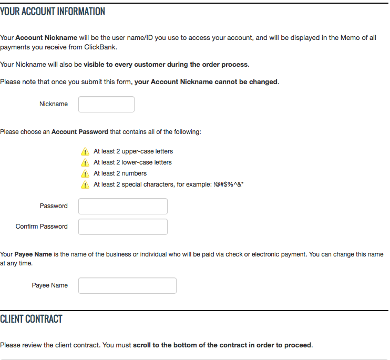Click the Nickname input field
[106, 104]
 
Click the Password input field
[122, 206]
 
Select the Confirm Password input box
[122, 227]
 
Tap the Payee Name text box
[127, 285]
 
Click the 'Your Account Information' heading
[53, 11]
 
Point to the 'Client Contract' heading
[31, 319]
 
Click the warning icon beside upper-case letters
[85, 151]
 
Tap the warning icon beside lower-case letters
[85, 162]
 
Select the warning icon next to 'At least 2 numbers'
[85, 173]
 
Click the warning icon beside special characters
[85, 185]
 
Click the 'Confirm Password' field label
[42, 227]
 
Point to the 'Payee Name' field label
[49, 285]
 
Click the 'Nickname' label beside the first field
[54, 104]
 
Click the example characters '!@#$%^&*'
[229, 185]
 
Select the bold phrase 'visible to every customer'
[124, 65]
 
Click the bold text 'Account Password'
[79, 132]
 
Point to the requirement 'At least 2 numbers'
[120, 173]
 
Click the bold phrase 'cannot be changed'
[246, 82]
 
